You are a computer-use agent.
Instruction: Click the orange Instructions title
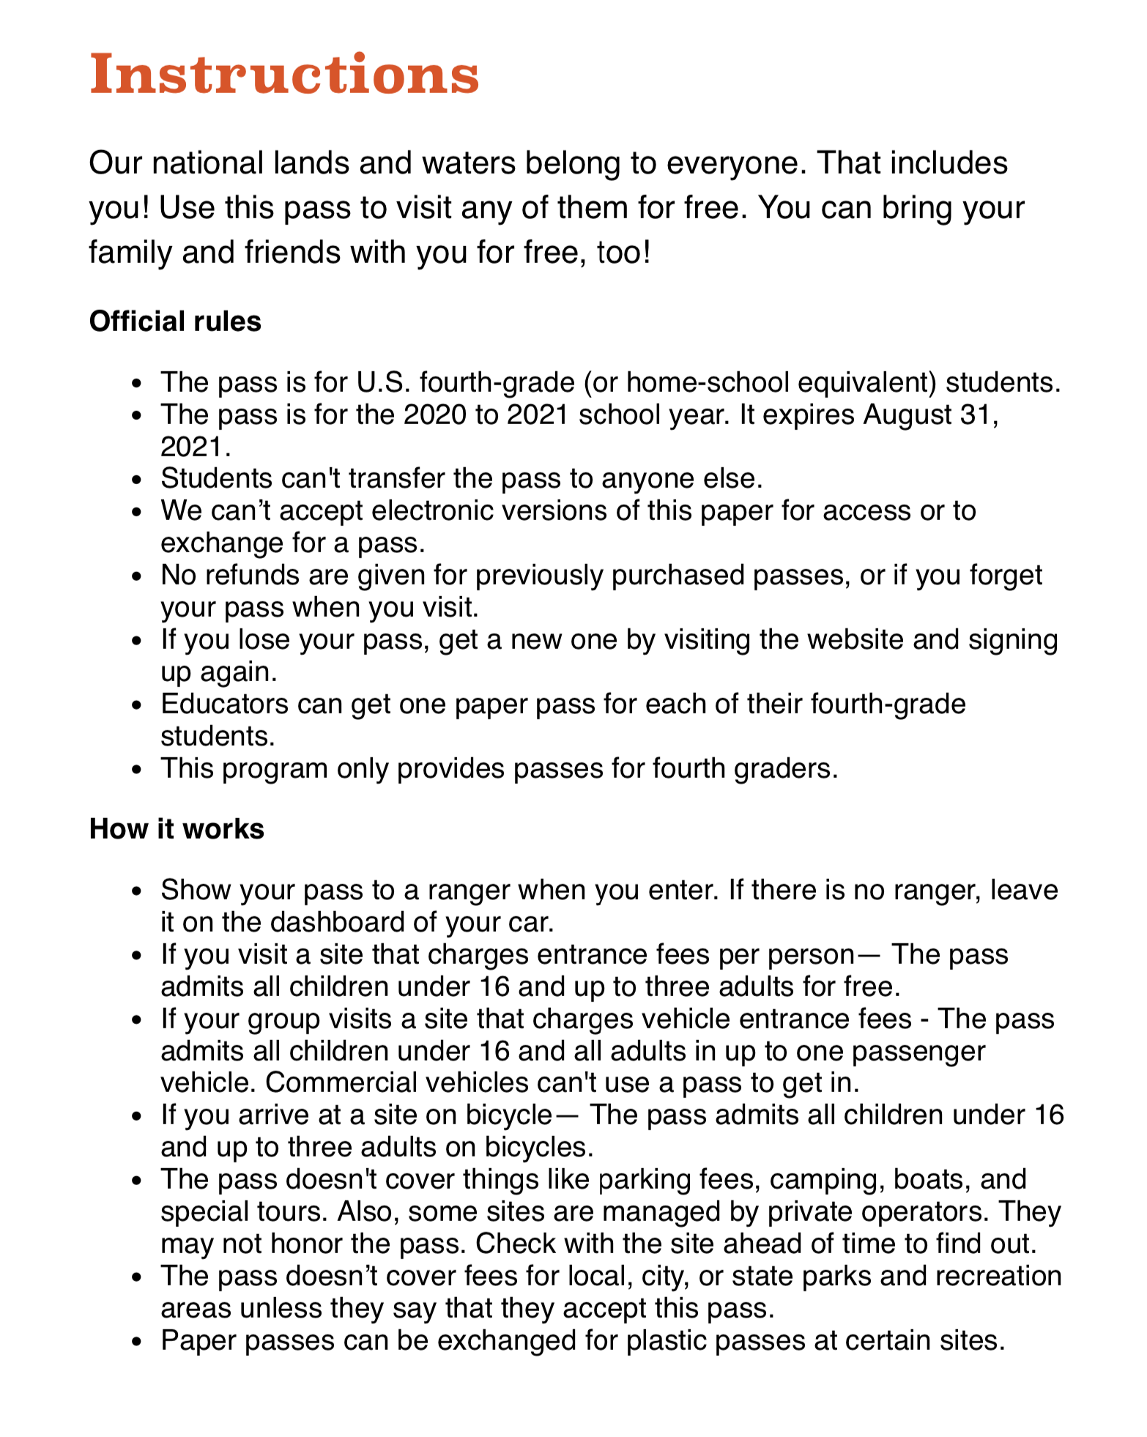click(x=284, y=75)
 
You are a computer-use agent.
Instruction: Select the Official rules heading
click(x=175, y=322)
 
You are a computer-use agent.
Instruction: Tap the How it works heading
click(x=177, y=829)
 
